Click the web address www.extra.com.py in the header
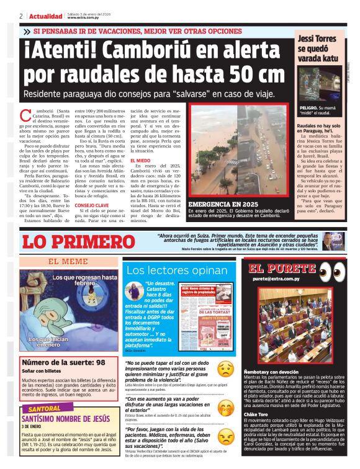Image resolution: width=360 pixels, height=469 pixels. coord(84,18)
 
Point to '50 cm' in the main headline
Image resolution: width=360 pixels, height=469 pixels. coord(251,74)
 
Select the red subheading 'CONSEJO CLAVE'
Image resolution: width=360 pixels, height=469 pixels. coord(91,205)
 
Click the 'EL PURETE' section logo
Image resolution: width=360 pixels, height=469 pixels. coord(282,269)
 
